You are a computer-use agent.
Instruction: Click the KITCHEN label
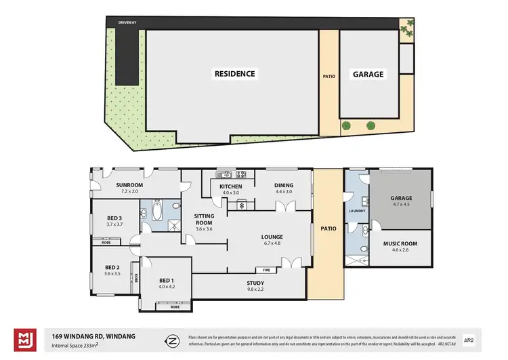[231, 186]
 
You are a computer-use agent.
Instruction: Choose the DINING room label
[283, 186]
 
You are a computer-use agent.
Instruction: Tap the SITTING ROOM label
[204, 218]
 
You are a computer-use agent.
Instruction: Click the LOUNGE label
[272, 237]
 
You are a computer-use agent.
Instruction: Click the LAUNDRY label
[357, 211]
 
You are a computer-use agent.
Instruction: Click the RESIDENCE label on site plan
[235, 74]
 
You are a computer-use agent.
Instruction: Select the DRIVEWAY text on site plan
[127, 22]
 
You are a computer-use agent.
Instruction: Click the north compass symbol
[173, 339]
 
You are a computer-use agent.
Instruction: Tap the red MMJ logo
[25, 339]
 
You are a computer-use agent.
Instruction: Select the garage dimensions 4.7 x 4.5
[401, 204]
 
